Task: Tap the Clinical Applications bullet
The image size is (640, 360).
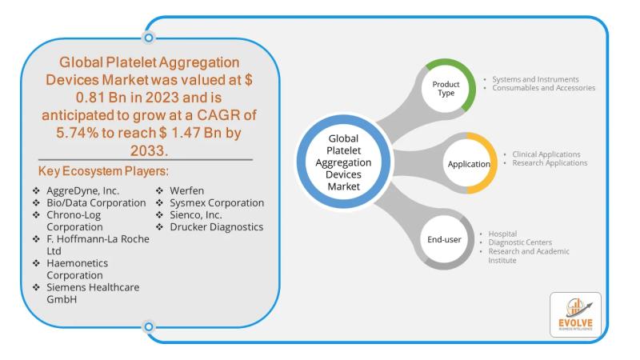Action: pos(541,154)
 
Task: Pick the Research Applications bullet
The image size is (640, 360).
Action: pos(544,162)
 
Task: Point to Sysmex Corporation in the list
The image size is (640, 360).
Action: pos(217,203)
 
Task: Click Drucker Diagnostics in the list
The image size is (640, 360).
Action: pos(216,226)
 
